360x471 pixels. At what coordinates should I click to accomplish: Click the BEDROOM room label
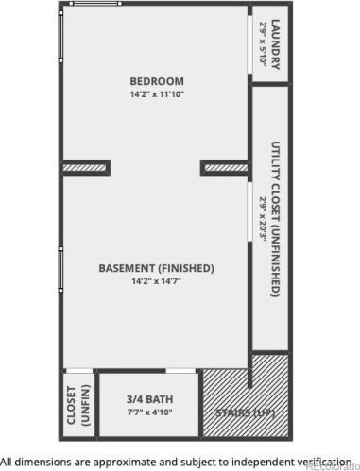(x=157, y=81)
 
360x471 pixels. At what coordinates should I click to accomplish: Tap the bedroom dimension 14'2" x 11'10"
(x=157, y=94)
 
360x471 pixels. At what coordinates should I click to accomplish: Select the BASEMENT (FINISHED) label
(x=157, y=268)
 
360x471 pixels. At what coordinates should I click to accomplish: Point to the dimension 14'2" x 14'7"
(x=157, y=281)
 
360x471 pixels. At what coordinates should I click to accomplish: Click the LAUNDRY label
(x=275, y=44)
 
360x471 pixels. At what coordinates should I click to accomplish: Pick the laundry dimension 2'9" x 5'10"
(x=263, y=44)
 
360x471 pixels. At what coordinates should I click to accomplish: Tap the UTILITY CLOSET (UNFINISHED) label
(x=276, y=219)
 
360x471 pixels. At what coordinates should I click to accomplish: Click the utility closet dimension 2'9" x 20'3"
(x=263, y=219)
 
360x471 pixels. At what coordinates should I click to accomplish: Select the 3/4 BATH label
(x=149, y=399)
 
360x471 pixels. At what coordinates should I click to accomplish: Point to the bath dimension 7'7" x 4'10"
(x=149, y=412)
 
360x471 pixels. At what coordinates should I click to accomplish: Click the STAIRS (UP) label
(x=246, y=413)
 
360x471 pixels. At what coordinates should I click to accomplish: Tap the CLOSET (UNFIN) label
(x=78, y=406)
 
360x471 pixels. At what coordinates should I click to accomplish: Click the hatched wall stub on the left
(x=85, y=168)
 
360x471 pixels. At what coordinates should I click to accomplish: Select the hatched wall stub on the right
(x=226, y=168)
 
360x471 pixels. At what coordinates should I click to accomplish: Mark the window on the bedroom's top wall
(x=95, y=4)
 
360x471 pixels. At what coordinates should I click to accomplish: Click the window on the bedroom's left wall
(x=60, y=37)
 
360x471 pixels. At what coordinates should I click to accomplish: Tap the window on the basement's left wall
(x=60, y=269)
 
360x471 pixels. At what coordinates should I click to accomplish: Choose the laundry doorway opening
(x=249, y=44)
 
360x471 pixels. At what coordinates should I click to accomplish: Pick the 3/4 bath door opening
(x=180, y=371)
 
